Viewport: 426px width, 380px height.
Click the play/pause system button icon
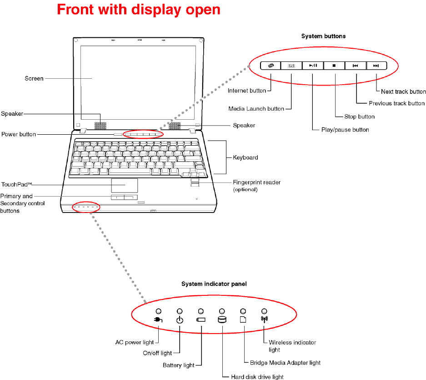[313, 66]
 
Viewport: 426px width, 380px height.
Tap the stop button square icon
[334, 66]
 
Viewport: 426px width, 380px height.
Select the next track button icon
[376, 66]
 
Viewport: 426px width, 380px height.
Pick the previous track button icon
[355, 66]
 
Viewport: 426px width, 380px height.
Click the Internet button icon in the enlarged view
[271, 66]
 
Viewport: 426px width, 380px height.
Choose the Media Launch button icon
[291, 66]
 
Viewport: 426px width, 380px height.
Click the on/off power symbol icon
[180, 320]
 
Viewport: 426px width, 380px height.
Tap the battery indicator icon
[201, 319]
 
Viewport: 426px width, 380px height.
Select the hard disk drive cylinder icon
[222, 319]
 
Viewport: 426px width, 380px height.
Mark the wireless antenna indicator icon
[264, 319]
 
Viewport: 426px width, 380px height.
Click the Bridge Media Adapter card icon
[243, 319]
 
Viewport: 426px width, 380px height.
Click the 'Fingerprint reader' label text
[256, 182]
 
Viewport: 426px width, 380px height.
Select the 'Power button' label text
[18, 134]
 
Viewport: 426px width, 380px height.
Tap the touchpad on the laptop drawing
[124, 186]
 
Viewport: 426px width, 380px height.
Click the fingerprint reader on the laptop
[195, 183]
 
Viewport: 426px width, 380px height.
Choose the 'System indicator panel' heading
[214, 284]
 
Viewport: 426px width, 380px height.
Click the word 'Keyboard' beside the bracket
[246, 157]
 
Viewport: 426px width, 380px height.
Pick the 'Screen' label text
[34, 78]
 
